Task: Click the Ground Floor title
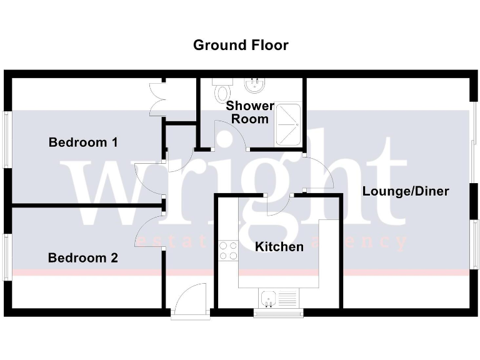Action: (241, 45)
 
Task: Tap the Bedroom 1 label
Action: (83, 142)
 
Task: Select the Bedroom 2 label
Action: (83, 257)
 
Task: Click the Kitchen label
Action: (279, 247)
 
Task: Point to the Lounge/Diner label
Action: (406, 191)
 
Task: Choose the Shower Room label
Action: (250, 112)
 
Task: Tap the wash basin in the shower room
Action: (255, 83)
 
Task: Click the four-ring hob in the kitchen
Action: (228, 251)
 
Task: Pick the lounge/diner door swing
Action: (319, 171)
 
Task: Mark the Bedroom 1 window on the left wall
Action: (7, 139)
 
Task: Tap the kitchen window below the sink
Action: (278, 312)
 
